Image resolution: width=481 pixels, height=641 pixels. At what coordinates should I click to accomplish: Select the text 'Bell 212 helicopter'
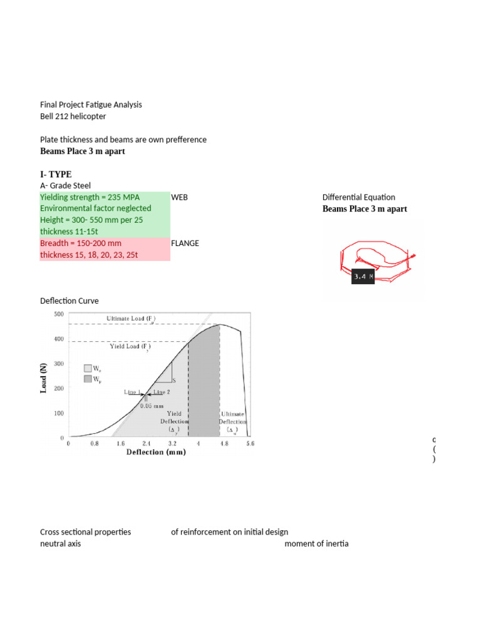(73, 116)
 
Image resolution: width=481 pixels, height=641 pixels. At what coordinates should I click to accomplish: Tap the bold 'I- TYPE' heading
(56, 173)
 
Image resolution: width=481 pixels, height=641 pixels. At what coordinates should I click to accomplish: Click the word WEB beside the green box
(179, 197)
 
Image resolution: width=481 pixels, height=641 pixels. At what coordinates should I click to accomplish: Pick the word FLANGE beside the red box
(185, 243)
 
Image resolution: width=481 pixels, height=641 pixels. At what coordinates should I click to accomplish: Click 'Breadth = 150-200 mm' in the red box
(81, 243)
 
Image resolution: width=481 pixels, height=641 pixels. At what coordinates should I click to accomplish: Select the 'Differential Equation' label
(358, 197)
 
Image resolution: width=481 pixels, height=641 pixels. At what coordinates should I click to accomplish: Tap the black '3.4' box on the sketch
(363, 276)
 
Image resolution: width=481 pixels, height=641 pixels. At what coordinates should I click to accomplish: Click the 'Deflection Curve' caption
(69, 301)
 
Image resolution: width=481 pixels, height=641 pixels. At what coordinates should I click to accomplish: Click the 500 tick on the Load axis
(59, 314)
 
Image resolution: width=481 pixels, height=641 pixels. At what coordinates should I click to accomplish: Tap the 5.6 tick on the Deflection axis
(249, 444)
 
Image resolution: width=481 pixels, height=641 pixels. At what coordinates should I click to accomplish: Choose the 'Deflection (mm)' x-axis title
(156, 452)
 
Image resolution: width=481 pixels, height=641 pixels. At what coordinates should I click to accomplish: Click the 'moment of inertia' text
(316, 543)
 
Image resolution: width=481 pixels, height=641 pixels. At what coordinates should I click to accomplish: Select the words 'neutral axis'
(60, 543)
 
